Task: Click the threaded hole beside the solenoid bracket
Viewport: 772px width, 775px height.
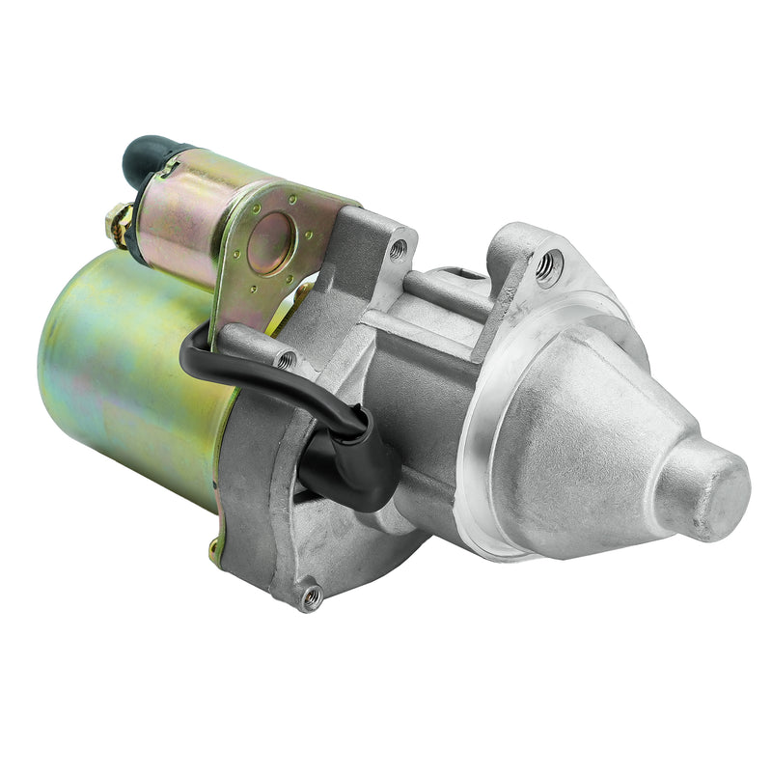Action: (x=397, y=249)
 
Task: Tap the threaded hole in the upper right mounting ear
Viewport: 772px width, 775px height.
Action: (x=550, y=264)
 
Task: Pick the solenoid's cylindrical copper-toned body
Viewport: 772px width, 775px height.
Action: (x=179, y=217)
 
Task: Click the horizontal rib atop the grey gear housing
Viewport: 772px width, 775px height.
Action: (x=444, y=289)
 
